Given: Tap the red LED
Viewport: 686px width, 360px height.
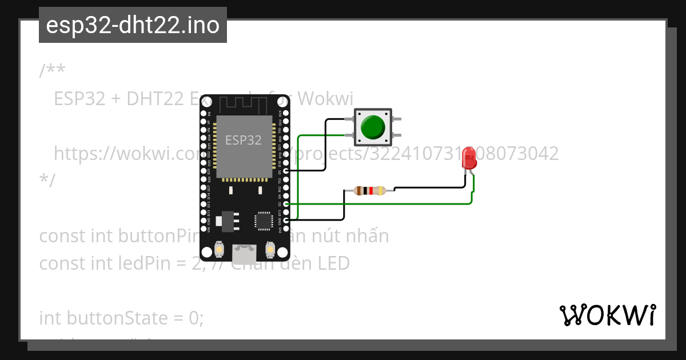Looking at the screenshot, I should point(469,158).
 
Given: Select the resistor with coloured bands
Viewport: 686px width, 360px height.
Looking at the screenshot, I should point(369,191).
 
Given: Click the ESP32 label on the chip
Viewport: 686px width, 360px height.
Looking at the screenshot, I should point(244,140).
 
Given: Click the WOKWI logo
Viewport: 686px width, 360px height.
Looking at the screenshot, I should point(607,315).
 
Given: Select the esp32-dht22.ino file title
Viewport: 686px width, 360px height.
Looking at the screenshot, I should point(133,25).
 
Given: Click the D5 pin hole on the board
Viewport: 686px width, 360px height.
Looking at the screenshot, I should point(285,171).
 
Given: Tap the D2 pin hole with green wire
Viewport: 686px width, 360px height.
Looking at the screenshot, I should point(285,203).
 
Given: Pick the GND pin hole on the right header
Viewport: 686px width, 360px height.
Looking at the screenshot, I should point(285,220).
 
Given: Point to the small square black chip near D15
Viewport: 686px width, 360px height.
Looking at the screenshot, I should point(264,220).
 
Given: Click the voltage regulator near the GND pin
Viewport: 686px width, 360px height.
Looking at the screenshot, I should point(227,221).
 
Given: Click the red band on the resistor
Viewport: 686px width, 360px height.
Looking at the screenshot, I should point(371,191).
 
